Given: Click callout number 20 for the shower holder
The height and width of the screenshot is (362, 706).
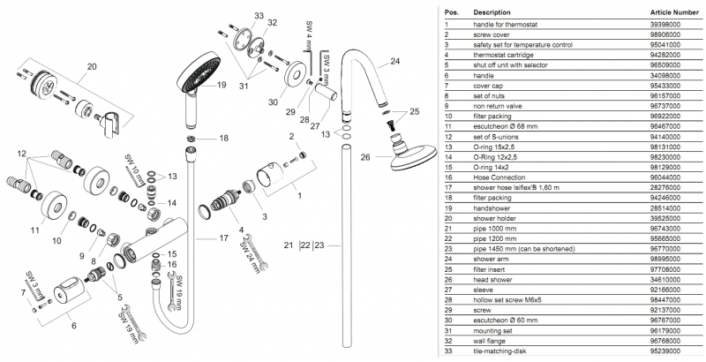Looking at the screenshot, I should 91,65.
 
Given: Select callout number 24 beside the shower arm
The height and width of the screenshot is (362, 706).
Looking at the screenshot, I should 394,61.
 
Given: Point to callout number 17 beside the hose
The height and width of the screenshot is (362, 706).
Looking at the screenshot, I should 223,238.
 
